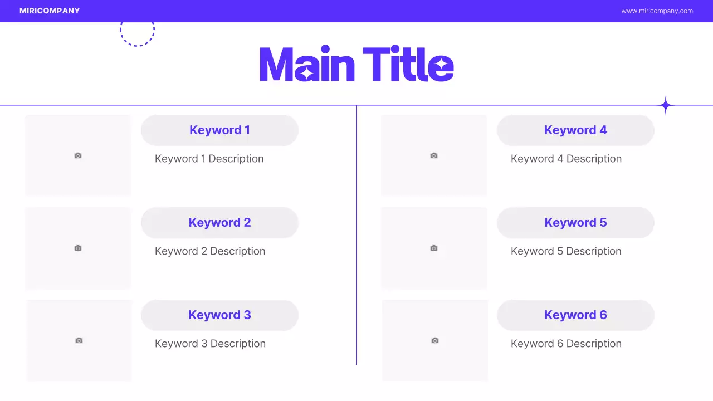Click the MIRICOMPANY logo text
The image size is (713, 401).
(50, 11)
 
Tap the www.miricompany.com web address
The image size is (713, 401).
(657, 11)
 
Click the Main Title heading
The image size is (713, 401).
(356, 65)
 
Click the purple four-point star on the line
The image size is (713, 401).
(665, 105)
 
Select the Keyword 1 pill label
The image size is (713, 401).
(219, 130)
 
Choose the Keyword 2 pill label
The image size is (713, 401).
(219, 223)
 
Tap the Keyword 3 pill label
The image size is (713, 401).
(219, 315)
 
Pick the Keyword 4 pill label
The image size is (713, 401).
(575, 130)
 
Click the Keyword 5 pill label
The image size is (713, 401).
(575, 223)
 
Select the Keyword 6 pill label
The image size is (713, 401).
(575, 315)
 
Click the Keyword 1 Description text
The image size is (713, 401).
(209, 159)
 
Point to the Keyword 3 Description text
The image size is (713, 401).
(210, 344)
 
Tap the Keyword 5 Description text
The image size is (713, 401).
(566, 251)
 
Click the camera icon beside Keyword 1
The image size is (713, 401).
(78, 155)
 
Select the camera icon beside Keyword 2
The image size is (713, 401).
(78, 248)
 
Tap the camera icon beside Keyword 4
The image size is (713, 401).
(434, 155)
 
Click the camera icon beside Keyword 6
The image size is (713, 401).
(435, 340)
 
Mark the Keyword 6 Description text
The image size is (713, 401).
(566, 344)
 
